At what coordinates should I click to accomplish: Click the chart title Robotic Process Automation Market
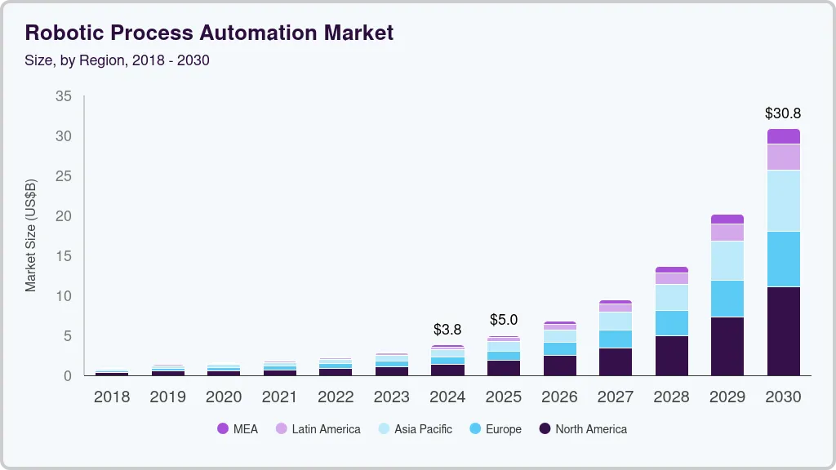[x=209, y=33]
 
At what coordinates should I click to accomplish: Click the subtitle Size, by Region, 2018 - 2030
[x=117, y=60]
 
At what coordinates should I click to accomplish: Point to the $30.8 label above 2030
[x=783, y=113]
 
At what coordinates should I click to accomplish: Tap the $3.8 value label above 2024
[x=447, y=330]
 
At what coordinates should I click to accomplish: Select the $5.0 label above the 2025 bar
[x=504, y=320]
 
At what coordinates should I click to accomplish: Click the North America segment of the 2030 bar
[x=783, y=330]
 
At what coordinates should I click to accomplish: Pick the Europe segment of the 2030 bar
[x=783, y=259]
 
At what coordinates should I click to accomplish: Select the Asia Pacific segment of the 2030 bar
[x=783, y=201]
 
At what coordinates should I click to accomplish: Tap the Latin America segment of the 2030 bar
[x=783, y=157]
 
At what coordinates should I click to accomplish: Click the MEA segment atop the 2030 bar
[x=783, y=136]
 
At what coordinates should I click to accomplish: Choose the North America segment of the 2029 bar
[x=727, y=346]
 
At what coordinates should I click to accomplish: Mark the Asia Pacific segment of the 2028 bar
[x=671, y=297]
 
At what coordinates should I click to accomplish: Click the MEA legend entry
[x=238, y=429]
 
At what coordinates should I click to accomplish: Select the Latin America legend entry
[x=318, y=429]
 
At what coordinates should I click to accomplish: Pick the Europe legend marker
[x=474, y=429]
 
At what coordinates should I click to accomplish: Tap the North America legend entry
[x=583, y=429]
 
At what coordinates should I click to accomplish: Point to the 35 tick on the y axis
[x=64, y=96]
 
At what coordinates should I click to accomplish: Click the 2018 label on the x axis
[x=111, y=397]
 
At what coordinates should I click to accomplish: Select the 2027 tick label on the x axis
[x=615, y=397]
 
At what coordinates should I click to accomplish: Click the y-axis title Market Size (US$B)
[x=31, y=236]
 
